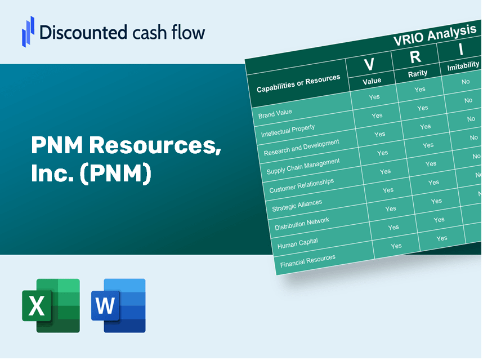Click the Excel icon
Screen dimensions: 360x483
point(51,305)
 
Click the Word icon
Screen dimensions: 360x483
point(118,305)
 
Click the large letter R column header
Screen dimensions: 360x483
point(415,57)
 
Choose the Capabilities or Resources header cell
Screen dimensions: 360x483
point(298,84)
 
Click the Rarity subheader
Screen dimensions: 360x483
point(418,73)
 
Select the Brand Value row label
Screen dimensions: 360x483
point(275,113)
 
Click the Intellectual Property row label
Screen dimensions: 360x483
point(288,131)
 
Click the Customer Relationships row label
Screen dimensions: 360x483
point(301,186)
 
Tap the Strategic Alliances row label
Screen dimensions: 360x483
point(297,206)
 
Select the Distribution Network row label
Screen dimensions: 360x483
point(302,224)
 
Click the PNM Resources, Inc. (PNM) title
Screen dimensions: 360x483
point(126,160)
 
